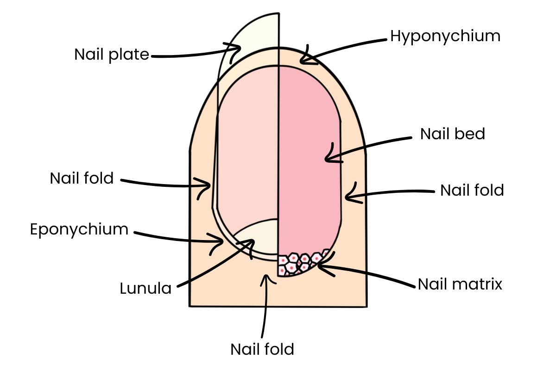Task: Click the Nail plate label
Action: (x=112, y=55)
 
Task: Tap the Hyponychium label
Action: (x=445, y=36)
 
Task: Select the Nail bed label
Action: (x=452, y=134)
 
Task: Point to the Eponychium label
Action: (x=79, y=229)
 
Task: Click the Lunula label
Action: (x=145, y=289)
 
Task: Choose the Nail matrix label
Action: (x=460, y=284)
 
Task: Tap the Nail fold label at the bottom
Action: (x=262, y=349)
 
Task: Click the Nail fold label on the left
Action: (x=82, y=179)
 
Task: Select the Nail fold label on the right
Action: (x=472, y=190)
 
